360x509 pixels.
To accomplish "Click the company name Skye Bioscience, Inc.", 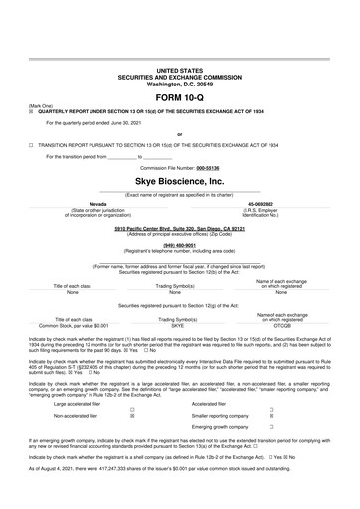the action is pyautogui.click(x=179, y=183).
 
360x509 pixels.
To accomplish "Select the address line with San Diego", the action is pyautogui.click(x=179, y=227).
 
